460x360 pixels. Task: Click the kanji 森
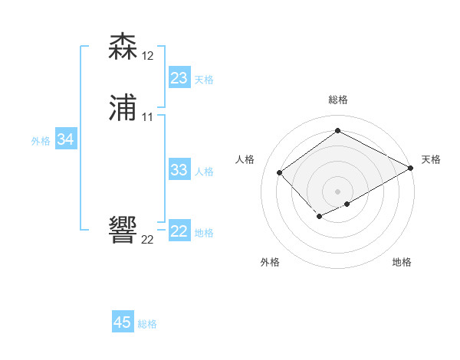coord(123,47)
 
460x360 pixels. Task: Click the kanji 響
coord(123,231)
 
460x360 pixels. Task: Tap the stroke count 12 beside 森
coord(148,55)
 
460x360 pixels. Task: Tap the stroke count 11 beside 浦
coord(148,117)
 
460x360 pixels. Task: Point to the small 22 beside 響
coord(148,239)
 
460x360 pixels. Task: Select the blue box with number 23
coord(179,78)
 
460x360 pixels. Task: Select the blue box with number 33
coord(179,170)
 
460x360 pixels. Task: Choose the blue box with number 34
coord(66,140)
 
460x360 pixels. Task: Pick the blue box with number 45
coord(123,322)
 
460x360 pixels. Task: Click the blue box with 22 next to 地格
coord(179,231)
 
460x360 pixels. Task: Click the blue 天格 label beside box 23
coord(204,80)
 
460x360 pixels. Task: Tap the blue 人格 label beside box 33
coord(204,172)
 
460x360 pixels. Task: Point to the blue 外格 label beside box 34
coord(41,141)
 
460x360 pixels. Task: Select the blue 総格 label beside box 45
coord(147,324)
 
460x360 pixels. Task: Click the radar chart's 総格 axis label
coord(338,100)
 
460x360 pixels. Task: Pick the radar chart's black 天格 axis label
coord(431,159)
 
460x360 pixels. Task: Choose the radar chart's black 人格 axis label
coord(245,159)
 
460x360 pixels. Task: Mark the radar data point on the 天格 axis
coord(412,168)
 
